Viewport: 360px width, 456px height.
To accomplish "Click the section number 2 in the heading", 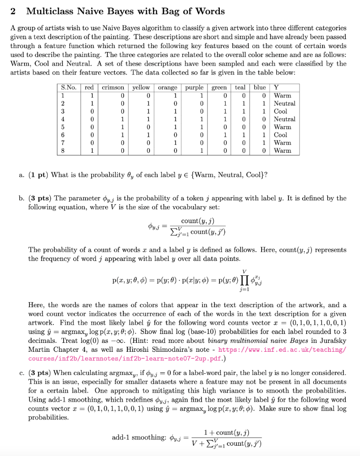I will pyautogui.click(x=13, y=12).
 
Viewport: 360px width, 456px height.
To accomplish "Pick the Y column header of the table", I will pyautogui.click(x=277, y=88).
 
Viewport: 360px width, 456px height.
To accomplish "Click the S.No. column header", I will pyautogui.click(x=69, y=88).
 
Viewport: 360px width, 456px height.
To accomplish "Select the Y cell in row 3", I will pyautogui.click(x=280, y=111).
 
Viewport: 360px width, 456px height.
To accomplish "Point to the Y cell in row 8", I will pyautogui.click(x=283, y=151).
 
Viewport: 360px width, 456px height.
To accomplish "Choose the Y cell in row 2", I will pyautogui.click(x=284, y=103).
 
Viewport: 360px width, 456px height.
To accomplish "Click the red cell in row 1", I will pyautogui.click(x=91, y=96).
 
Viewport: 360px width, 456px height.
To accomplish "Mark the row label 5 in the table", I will pyautogui.click(x=63, y=127).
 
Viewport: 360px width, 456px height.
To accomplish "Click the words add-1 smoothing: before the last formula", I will pyautogui.click(x=139, y=438).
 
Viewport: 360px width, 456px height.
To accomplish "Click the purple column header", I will pyautogui.click(x=194, y=88).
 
